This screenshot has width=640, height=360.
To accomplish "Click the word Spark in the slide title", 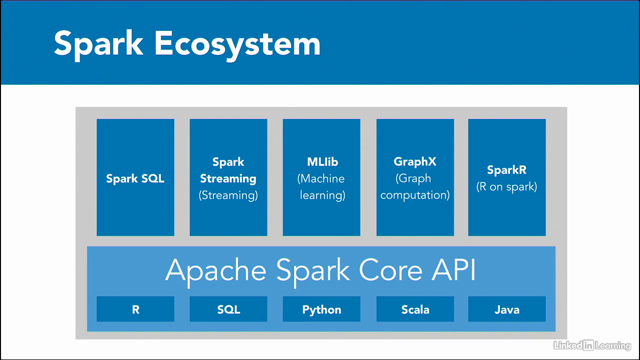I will click(x=98, y=44).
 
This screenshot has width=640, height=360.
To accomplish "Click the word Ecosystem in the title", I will click(x=237, y=44).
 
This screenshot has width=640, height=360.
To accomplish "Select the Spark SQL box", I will click(x=135, y=178).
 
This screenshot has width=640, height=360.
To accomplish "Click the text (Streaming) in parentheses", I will click(x=228, y=195).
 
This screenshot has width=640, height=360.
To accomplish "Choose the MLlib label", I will click(x=322, y=162).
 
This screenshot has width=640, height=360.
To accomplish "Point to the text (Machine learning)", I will click(x=322, y=186).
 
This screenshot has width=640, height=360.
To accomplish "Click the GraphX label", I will click(x=415, y=162).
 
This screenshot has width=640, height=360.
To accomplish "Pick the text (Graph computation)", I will click(x=415, y=186).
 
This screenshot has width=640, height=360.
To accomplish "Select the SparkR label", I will click(x=506, y=170).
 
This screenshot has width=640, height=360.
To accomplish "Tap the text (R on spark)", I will click(x=506, y=187).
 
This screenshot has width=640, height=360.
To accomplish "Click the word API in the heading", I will click(x=453, y=270).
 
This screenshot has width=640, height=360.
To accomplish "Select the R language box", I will click(x=135, y=309).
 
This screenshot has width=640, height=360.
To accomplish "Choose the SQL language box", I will click(x=228, y=309).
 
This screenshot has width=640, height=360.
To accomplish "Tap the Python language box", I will click(x=321, y=309).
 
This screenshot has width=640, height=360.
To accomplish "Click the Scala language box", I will click(x=415, y=309).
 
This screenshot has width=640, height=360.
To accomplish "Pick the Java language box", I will click(x=506, y=309).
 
